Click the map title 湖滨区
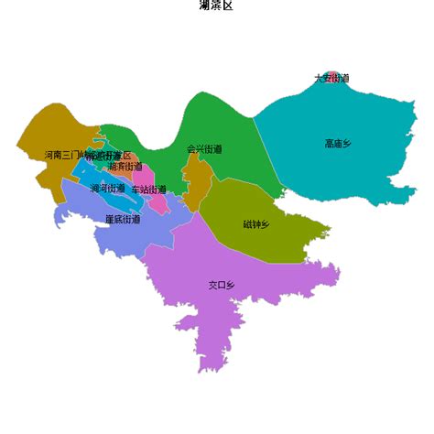[x=216, y=5]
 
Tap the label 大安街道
[x=331, y=79]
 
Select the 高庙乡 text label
[x=338, y=144]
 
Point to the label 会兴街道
[x=204, y=148]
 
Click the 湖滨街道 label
[x=125, y=167]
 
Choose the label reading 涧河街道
[x=108, y=189]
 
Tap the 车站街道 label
[x=149, y=190]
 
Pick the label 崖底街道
[x=123, y=219]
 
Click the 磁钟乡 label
[x=256, y=224]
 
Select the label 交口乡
[x=222, y=286]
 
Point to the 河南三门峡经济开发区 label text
[x=88, y=156]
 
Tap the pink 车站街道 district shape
[x=156, y=202]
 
